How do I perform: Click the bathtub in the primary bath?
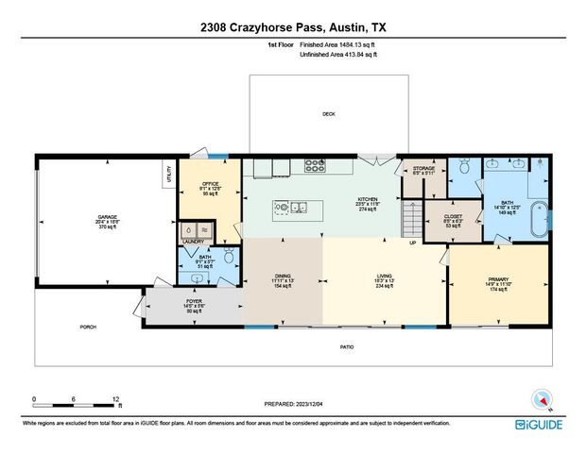(x=537, y=219)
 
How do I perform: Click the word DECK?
(x=328, y=114)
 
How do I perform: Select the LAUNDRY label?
(x=194, y=242)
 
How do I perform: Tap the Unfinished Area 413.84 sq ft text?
(x=337, y=56)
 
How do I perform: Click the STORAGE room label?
(x=423, y=168)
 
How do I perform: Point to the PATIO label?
(x=347, y=347)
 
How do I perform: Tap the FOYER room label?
(x=180, y=303)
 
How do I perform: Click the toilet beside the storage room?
(x=464, y=168)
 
